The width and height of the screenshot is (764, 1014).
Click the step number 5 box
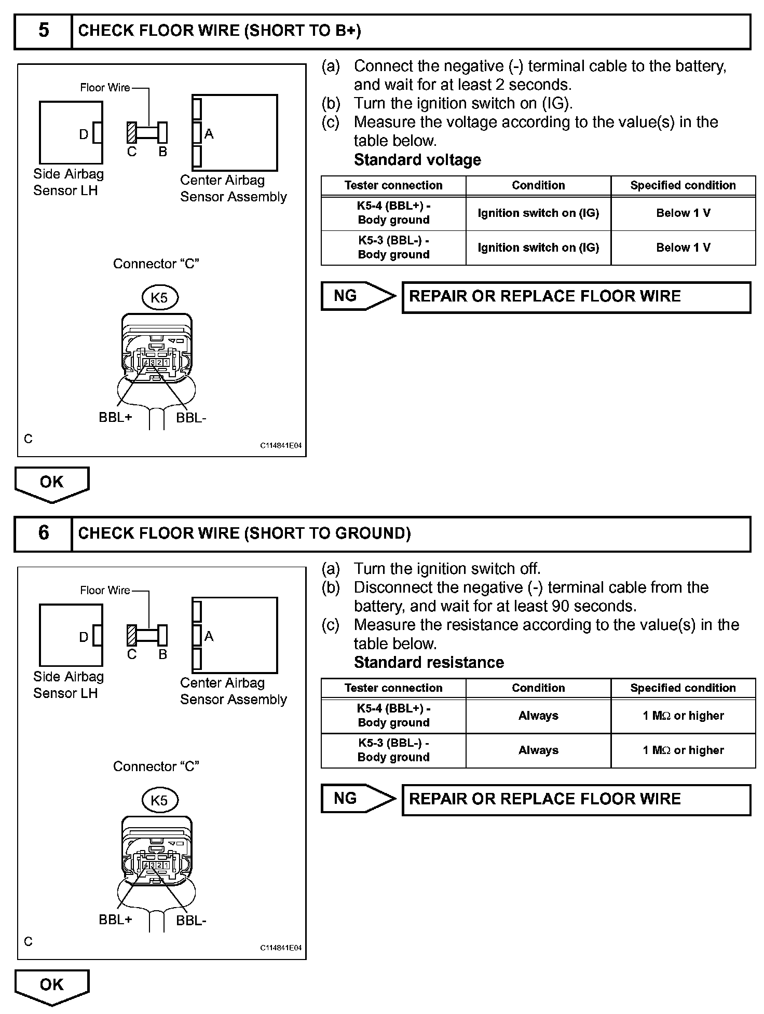tap(43, 31)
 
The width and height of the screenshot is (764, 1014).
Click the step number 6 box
tap(43, 533)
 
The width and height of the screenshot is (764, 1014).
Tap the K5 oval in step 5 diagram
tap(159, 297)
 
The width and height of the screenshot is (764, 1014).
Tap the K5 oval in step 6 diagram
tap(159, 800)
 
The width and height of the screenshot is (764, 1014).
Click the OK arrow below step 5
tap(52, 483)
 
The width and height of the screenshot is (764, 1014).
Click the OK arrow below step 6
tap(52, 985)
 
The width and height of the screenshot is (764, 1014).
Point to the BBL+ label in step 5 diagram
tap(115, 417)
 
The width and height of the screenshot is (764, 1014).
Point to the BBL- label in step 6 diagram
tap(191, 921)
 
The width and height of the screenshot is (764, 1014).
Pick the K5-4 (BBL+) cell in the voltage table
tap(393, 213)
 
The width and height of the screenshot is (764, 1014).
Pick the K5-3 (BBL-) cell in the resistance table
tap(393, 750)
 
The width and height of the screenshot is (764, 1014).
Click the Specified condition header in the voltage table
tap(683, 185)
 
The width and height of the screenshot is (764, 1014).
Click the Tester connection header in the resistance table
tap(393, 688)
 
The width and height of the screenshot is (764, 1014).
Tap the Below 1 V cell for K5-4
tap(683, 213)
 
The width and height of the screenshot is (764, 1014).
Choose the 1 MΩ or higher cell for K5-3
tap(683, 750)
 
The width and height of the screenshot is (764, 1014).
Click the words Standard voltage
tap(417, 160)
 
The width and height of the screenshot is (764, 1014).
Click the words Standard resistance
tap(429, 663)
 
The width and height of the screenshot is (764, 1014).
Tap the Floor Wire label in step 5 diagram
tap(105, 88)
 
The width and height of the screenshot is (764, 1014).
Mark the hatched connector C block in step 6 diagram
tap(132, 635)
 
